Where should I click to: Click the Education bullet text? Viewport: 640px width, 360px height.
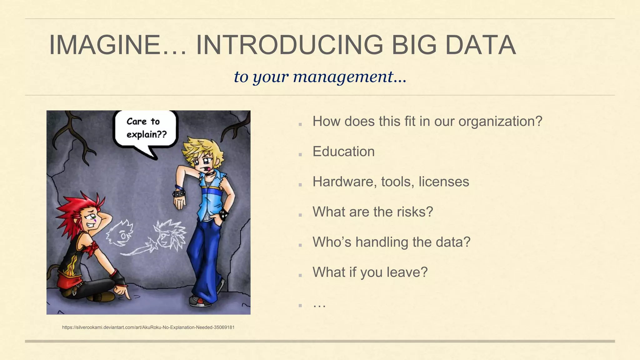[343, 152]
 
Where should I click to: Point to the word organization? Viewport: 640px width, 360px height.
[500, 122]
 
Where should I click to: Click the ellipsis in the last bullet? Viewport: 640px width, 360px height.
[319, 304]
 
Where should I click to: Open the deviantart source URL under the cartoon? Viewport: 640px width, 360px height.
[148, 327]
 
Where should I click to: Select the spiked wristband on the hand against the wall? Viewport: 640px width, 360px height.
[179, 193]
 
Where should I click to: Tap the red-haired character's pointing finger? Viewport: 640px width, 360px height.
[126, 294]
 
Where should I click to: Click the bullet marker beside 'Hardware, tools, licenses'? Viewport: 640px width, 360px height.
[300, 185]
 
